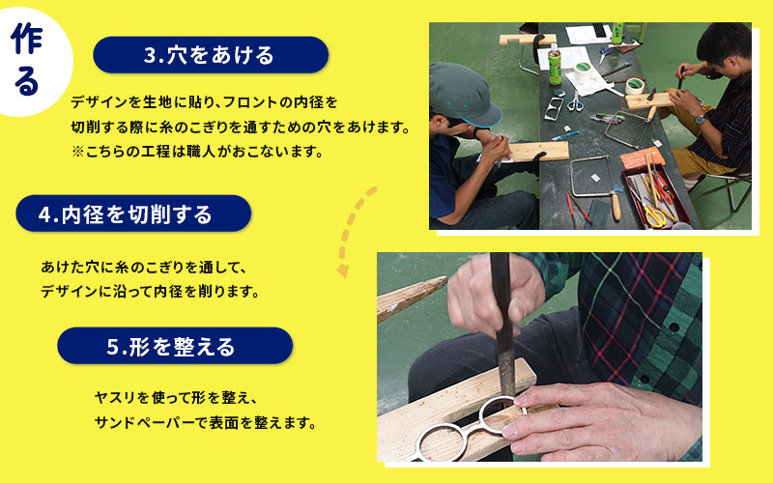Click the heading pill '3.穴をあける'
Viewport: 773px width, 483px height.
point(211,55)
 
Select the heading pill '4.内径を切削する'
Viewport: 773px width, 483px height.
point(133,213)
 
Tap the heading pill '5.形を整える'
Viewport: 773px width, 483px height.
point(175,346)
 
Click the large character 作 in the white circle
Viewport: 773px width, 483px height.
point(27,39)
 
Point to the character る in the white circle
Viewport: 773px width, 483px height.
point(27,81)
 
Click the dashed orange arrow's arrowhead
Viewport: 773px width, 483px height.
point(343,270)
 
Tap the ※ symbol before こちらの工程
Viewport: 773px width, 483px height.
point(77,152)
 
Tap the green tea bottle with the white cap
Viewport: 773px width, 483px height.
point(555,64)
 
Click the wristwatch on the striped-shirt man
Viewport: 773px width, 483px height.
point(699,119)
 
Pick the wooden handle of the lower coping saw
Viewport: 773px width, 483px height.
point(616,205)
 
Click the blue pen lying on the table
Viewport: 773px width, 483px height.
point(565,136)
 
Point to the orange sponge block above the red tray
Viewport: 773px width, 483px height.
point(642,158)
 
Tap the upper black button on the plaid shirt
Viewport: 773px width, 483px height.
point(673,326)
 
